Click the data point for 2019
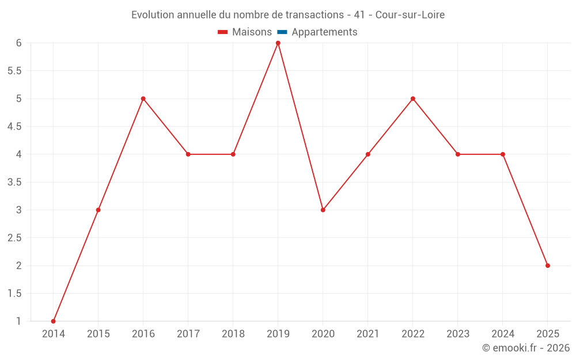278,43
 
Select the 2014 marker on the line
54,321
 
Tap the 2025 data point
548,266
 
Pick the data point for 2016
143,98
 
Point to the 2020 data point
323,210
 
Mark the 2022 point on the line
413,98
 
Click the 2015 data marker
98,210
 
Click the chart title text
288,15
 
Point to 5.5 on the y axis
15,71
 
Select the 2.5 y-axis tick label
15,238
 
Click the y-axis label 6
19,43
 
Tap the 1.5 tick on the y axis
15,293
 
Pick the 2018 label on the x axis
233,334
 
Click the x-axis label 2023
458,334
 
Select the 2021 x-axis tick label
368,334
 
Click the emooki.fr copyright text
526,348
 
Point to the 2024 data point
503,154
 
